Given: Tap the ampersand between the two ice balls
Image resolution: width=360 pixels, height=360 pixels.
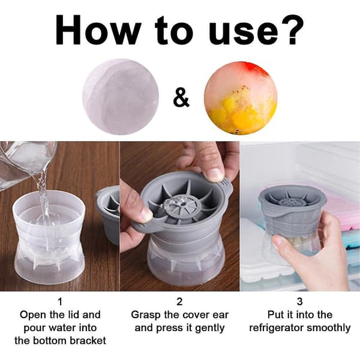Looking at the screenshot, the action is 181,99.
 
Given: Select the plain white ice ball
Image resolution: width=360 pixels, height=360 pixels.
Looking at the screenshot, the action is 121,97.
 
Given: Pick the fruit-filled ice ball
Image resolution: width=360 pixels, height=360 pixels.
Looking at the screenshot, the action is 241,98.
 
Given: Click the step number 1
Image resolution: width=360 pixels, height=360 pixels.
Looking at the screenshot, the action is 60,301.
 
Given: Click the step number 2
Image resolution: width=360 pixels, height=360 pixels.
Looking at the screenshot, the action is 179,301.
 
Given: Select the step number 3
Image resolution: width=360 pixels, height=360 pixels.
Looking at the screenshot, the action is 299,301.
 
